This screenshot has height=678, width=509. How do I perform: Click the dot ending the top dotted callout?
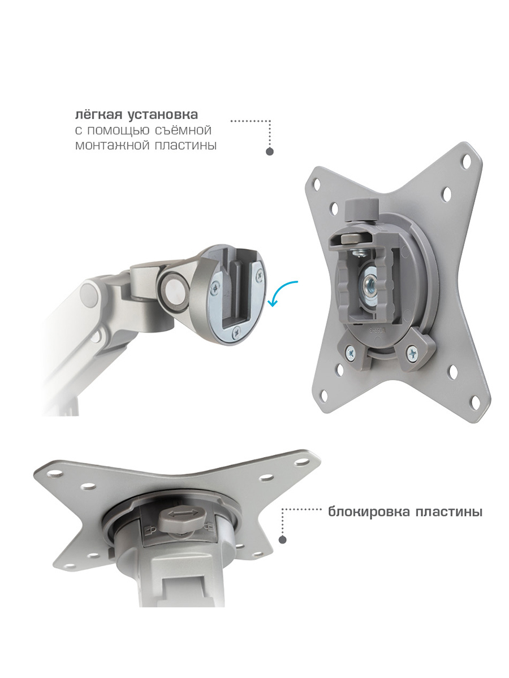[270, 151]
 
